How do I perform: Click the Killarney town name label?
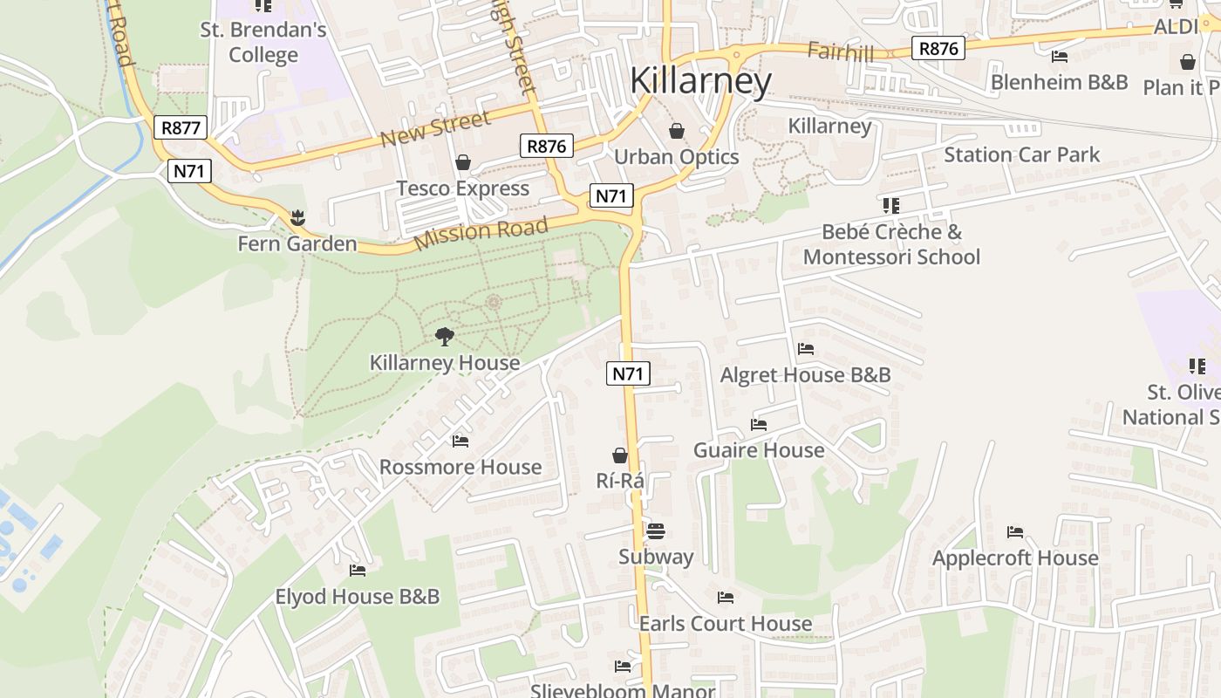(700, 81)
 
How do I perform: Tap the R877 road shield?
(181, 127)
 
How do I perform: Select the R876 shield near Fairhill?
(938, 49)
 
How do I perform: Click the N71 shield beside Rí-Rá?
(628, 374)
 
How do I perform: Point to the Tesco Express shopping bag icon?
(463, 163)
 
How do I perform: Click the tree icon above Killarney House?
(445, 336)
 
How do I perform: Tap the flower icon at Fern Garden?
(298, 216)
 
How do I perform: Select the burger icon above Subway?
(656, 531)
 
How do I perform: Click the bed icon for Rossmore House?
(460, 441)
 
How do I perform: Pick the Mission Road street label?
(481, 233)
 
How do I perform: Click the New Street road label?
(436, 130)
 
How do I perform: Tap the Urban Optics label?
(676, 157)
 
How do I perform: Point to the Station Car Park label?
(1021, 155)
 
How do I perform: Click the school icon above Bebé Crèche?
(890, 206)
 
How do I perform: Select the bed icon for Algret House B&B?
(806, 349)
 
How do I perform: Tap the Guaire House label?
(758, 450)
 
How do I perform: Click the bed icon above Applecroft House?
(1014, 531)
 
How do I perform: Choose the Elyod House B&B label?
(357, 597)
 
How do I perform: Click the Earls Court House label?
(725, 624)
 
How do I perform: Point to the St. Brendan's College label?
(263, 42)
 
